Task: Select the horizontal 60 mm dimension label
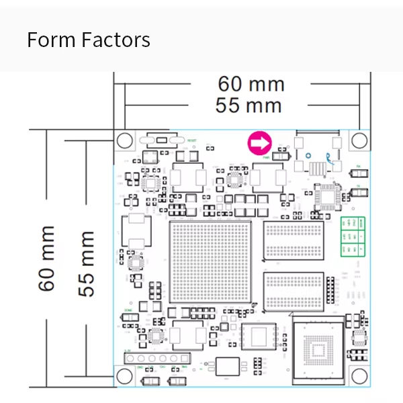pyautogui.click(x=251, y=85)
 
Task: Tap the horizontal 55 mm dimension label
pyautogui.click(x=249, y=105)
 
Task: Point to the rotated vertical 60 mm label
pyautogui.click(x=47, y=259)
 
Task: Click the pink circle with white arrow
pyautogui.click(x=259, y=142)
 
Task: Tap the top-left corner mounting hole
pyautogui.click(x=124, y=140)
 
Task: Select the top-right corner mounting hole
pyautogui.click(x=359, y=140)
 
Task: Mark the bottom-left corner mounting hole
pyautogui.click(x=124, y=375)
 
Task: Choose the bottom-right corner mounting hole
pyautogui.click(x=359, y=375)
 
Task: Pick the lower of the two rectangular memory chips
pyautogui.click(x=294, y=291)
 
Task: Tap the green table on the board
pyautogui.click(x=353, y=236)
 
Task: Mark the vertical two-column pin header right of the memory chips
pyautogui.click(x=330, y=289)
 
